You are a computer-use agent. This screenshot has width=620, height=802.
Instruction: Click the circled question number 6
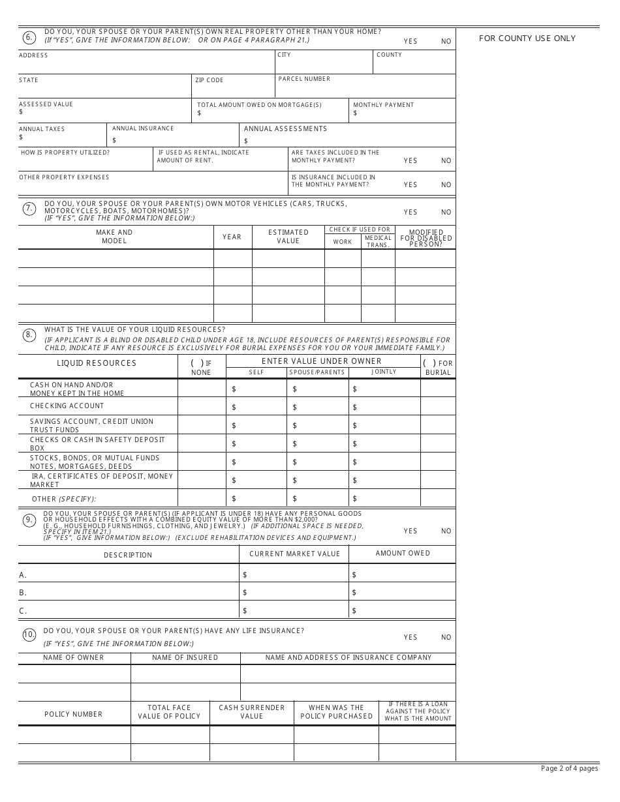29,37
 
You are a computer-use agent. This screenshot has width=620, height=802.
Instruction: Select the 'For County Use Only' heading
527,38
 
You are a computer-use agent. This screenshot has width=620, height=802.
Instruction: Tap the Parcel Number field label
304,79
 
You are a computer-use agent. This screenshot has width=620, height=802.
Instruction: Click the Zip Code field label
209,80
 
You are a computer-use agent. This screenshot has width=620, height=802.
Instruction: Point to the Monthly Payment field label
383,105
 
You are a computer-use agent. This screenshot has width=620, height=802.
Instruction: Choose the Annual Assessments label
285,128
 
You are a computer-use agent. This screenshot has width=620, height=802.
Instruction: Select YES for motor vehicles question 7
411,212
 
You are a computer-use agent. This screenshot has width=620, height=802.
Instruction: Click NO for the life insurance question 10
446,637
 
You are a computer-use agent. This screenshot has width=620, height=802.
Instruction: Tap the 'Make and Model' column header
114,237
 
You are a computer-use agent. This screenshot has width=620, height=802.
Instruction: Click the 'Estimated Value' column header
288,237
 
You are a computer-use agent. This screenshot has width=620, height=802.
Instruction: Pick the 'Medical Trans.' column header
378,241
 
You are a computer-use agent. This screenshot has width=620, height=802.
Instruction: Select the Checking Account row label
67,406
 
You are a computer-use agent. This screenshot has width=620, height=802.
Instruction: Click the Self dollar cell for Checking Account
256,407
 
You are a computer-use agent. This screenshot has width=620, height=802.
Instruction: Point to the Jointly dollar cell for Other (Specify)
384,499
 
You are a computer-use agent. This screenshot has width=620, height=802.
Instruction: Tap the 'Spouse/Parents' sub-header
318,372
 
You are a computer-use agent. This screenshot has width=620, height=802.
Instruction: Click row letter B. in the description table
23,593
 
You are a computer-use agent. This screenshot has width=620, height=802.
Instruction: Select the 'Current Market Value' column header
294,554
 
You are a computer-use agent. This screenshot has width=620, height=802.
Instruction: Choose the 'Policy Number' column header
73,714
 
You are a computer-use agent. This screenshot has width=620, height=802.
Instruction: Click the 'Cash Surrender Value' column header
251,711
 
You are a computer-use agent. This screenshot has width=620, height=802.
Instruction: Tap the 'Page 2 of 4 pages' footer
569,768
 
